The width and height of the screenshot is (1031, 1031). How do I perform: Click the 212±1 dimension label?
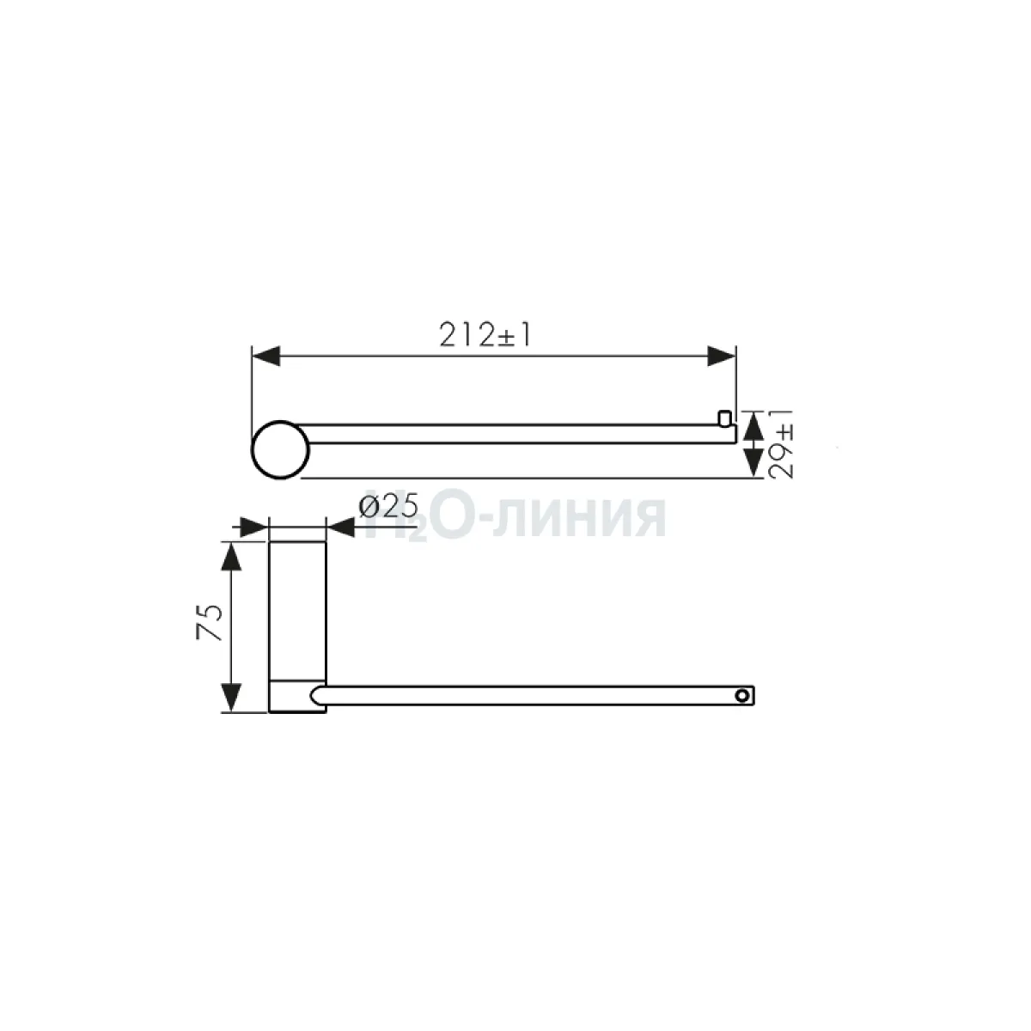tap(485, 335)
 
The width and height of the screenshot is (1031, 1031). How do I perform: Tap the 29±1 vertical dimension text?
tap(782, 443)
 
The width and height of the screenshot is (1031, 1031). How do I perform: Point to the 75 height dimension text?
tap(209, 622)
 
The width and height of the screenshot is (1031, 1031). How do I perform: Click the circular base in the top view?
tap(280, 450)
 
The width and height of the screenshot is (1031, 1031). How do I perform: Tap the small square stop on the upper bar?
tap(724, 418)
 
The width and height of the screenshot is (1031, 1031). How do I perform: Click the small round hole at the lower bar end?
tap(741, 696)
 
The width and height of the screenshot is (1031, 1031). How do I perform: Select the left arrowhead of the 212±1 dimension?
tap(265, 356)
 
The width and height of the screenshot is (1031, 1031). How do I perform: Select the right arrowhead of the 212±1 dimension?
tap(722, 356)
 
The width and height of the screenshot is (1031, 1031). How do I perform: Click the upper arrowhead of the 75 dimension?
tap(230, 557)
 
